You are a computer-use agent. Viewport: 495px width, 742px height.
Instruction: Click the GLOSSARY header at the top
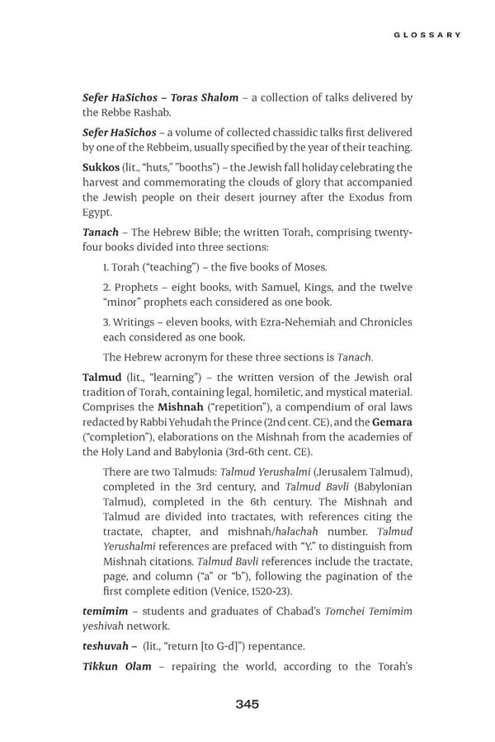click(427, 35)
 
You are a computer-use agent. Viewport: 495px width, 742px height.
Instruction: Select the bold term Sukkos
click(101, 167)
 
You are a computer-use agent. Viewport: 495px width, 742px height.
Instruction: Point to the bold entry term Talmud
click(102, 377)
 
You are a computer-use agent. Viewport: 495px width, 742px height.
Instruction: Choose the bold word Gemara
click(392, 422)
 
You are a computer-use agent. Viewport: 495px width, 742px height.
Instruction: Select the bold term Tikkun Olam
click(117, 666)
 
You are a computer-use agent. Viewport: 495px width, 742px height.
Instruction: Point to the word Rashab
click(153, 112)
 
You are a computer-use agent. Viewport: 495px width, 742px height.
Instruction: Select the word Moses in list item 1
click(306, 267)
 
